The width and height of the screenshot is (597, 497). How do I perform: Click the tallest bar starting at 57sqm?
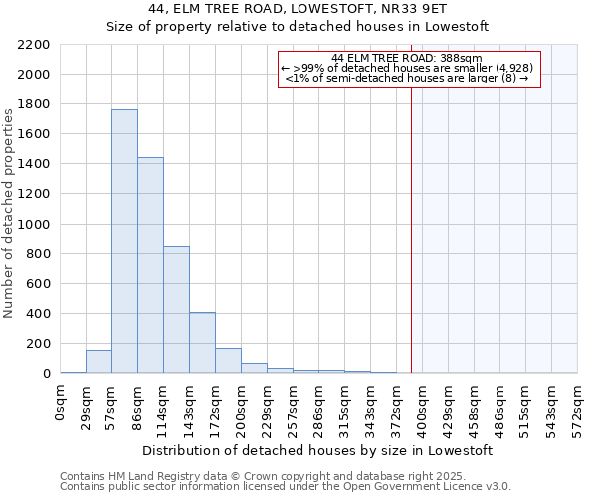pyautogui.click(x=124, y=242)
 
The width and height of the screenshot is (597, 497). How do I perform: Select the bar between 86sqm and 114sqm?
pyautogui.click(x=150, y=265)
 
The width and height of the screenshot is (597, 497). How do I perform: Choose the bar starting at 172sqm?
pyautogui.click(x=228, y=361)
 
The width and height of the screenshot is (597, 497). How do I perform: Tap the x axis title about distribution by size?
pyautogui.click(x=318, y=450)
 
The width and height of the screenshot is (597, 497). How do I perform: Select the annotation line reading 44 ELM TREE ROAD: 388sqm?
pyautogui.click(x=407, y=58)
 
